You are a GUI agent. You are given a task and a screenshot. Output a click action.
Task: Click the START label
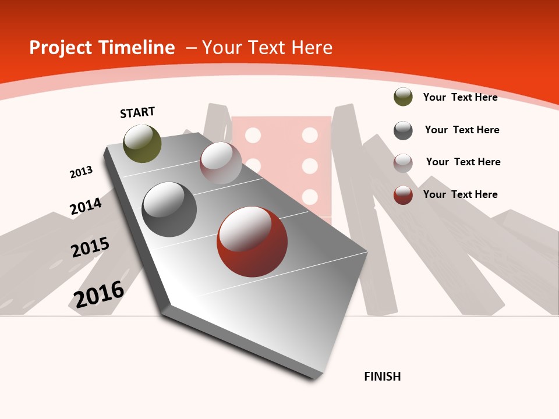(x=137, y=112)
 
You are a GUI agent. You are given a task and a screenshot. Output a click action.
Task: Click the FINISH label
(x=383, y=377)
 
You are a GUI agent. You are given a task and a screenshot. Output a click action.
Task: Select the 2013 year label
(x=81, y=172)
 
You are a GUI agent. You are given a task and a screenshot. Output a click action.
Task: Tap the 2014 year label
(x=86, y=206)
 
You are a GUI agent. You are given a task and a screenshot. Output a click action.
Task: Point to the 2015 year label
(x=90, y=247)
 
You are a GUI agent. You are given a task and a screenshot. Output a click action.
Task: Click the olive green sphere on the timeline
(x=142, y=144)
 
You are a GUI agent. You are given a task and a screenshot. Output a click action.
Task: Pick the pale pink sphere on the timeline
(x=221, y=163)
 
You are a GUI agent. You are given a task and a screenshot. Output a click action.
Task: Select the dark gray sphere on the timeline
(x=169, y=210)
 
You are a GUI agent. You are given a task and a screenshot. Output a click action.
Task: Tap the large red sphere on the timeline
(x=252, y=242)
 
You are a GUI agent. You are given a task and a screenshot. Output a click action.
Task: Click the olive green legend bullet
(x=403, y=97)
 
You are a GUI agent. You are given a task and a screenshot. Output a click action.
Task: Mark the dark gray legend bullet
(x=403, y=130)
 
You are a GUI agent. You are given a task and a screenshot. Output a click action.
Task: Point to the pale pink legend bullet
(x=403, y=163)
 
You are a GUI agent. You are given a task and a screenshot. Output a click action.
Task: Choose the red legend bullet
(x=403, y=195)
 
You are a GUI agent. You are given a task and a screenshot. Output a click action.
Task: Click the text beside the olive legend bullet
(x=460, y=97)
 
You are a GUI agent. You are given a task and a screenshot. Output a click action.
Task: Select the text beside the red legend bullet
(x=460, y=194)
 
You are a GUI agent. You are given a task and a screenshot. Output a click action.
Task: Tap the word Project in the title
(x=61, y=48)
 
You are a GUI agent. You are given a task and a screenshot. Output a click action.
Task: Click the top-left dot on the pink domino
(x=253, y=135)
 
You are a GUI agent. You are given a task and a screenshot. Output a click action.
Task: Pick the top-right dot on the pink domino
(x=310, y=135)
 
